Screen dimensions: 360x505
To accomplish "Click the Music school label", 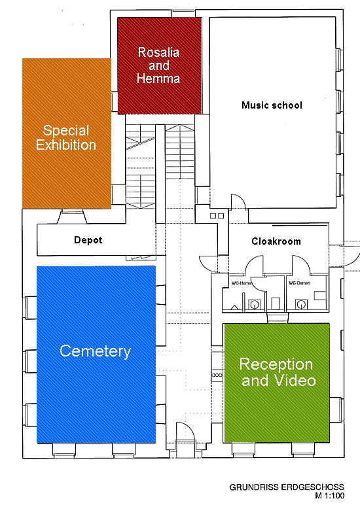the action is (x=272, y=105).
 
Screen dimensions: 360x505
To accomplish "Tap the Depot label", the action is (x=88, y=240).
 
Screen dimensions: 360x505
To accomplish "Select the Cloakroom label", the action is (x=276, y=241).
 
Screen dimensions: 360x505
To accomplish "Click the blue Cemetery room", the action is (x=96, y=355).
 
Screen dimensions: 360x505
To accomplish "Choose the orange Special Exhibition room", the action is (x=67, y=133).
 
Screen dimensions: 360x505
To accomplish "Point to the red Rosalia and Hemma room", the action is (x=160, y=65).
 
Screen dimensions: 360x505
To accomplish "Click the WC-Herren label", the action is (x=242, y=283).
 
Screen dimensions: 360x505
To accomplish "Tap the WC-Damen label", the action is (x=299, y=283).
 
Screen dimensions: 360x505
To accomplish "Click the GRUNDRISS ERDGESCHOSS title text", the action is (x=287, y=487).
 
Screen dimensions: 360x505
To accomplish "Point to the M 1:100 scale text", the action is (x=329, y=496).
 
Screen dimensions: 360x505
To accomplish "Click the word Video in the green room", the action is (x=295, y=380).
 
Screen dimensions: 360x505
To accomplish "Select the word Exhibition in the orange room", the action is (x=66, y=145).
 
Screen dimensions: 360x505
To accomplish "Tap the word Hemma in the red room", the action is (x=158, y=78).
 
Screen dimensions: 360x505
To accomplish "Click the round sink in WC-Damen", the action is (x=301, y=304).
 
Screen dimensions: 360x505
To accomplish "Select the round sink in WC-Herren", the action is (x=255, y=304).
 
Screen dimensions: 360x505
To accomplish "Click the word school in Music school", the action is (x=287, y=105).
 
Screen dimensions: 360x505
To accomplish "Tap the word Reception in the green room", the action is (x=276, y=365).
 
